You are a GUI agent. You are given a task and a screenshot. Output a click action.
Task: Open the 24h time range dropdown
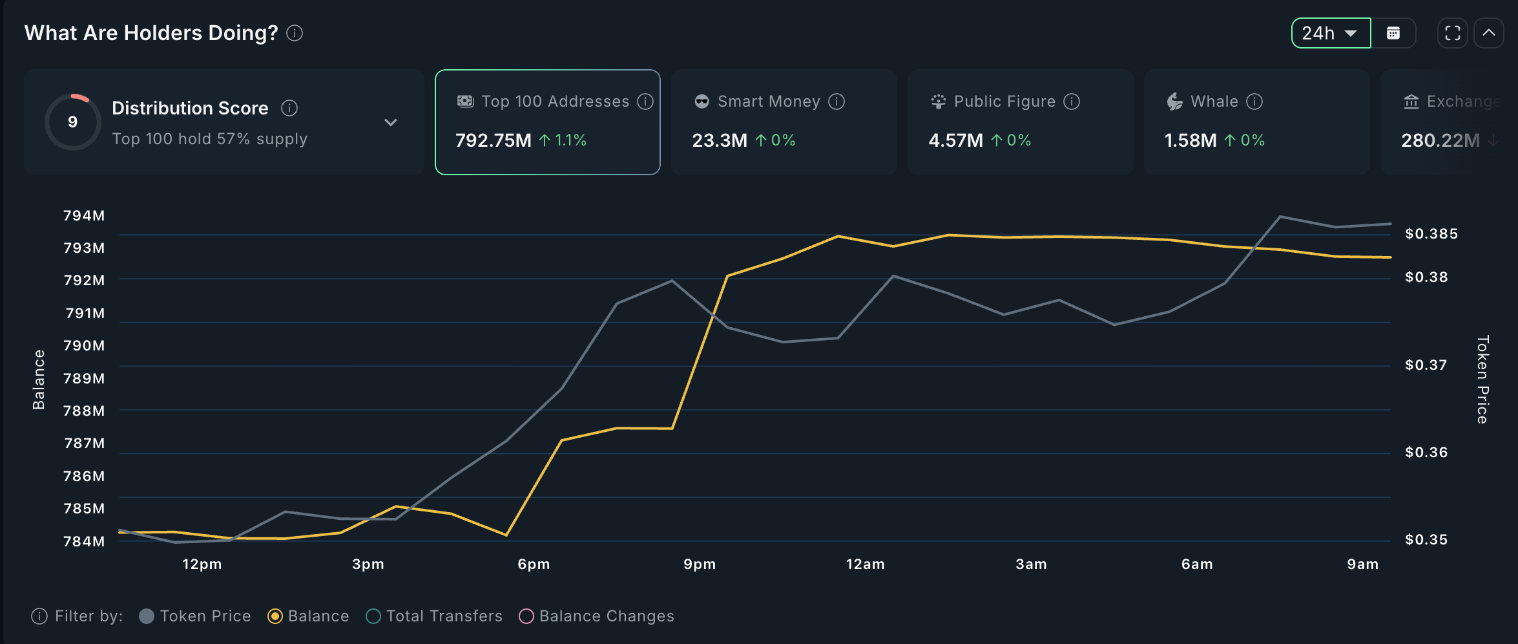(1330, 33)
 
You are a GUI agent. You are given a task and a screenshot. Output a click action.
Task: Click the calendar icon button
(1393, 33)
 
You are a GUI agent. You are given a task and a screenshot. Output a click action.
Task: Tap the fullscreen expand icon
(1453, 33)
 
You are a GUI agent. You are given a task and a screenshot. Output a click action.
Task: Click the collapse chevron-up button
(1489, 33)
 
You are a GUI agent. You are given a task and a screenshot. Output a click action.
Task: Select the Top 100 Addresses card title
(555, 102)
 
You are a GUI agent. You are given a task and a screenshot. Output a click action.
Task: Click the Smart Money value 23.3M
(719, 140)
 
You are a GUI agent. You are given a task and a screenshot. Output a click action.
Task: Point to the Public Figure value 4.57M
(955, 140)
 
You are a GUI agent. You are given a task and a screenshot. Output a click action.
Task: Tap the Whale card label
(1214, 102)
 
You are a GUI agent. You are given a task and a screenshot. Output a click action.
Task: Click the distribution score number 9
(73, 122)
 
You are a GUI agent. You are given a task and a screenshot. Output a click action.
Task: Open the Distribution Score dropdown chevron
(391, 122)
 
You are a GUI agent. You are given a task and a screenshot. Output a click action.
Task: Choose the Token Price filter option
(195, 616)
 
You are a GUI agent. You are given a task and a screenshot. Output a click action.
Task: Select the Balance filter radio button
(275, 616)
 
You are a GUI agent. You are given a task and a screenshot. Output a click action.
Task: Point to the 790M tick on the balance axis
(84, 345)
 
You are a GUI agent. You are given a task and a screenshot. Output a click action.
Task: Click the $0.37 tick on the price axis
(1426, 365)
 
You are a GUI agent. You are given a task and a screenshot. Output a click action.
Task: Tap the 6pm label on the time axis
(534, 564)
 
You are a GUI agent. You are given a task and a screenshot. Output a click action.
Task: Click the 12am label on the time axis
(865, 564)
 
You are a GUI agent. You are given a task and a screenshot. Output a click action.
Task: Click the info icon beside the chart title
(295, 33)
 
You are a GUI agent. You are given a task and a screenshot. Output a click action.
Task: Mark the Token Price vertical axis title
(1482, 380)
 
